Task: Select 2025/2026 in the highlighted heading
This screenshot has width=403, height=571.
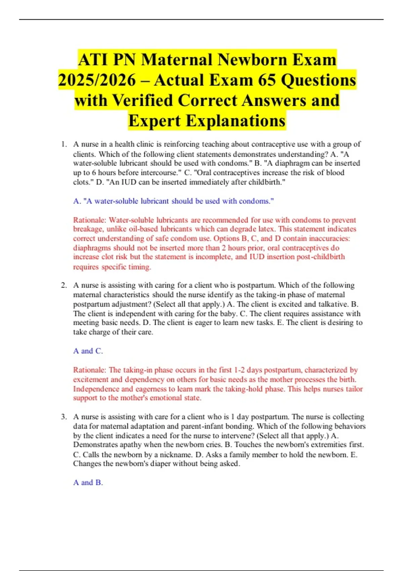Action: tap(97, 80)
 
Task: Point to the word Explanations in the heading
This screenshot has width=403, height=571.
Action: tap(235, 121)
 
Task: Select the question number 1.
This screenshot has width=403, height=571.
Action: tap(63, 144)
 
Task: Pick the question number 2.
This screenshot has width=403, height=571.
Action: tap(63, 285)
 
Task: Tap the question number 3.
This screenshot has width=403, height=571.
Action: tap(63, 417)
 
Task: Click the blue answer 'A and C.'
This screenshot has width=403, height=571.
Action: tap(88, 351)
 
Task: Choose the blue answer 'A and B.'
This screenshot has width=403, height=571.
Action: tap(88, 483)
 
